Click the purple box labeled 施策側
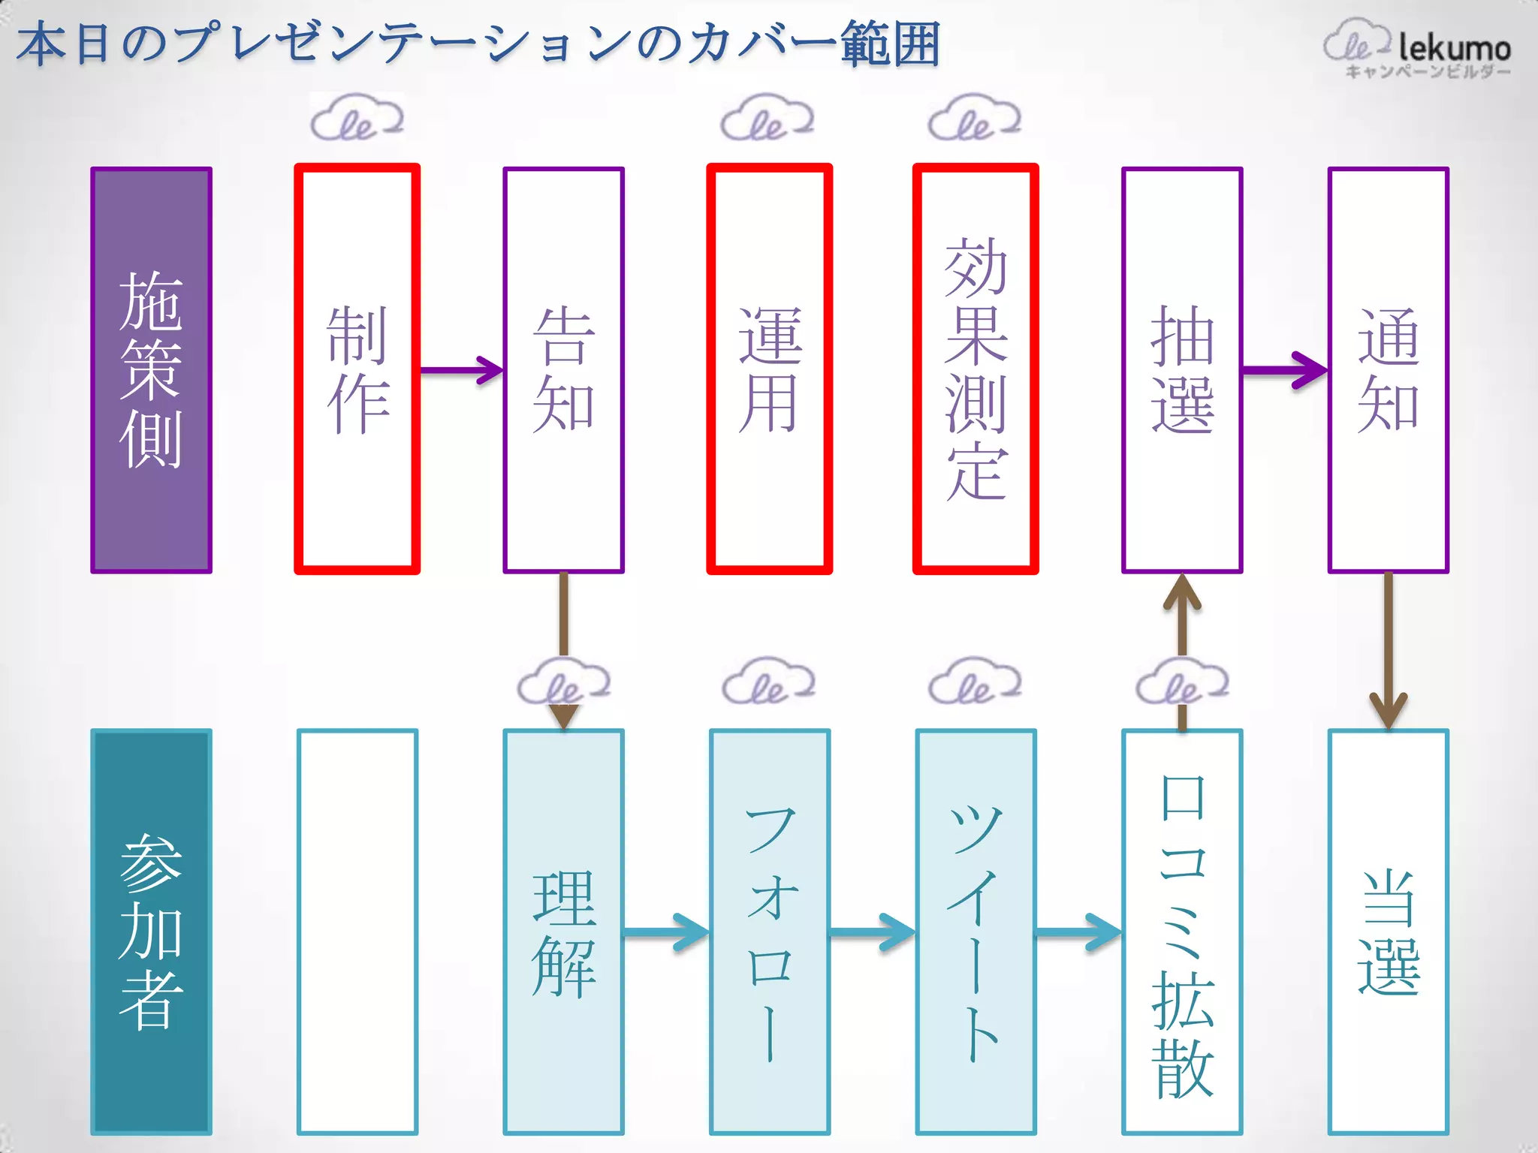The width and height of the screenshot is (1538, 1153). click(x=151, y=369)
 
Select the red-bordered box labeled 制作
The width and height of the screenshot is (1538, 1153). click(x=357, y=369)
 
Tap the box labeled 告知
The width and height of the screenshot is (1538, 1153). click(x=563, y=369)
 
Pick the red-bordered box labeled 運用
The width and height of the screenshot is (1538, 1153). click(x=769, y=369)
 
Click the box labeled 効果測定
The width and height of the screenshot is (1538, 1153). click(x=975, y=369)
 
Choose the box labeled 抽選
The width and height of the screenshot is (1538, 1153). click(x=1181, y=369)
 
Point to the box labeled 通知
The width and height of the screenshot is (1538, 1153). click(x=1388, y=369)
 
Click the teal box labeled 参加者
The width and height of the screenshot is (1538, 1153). click(x=151, y=932)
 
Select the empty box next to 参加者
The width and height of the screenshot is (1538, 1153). click(x=357, y=932)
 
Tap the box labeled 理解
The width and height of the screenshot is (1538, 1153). click(x=563, y=932)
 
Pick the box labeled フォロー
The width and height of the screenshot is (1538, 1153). click(x=769, y=932)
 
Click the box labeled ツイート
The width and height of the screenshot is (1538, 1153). click(x=975, y=932)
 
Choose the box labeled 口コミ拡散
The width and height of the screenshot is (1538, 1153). click(x=1181, y=932)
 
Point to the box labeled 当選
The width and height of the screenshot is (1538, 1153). click(x=1388, y=932)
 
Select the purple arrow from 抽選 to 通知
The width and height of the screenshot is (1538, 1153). click(x=1284, y=370)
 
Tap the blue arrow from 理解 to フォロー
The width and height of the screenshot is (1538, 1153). click(x=665, y=932)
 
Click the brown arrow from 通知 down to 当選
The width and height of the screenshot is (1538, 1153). click(x=1388, y=649)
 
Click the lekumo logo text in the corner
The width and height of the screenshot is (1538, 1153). click(x=1453, y=49)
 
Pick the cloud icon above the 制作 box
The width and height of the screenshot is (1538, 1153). click(x=357, y=119)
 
